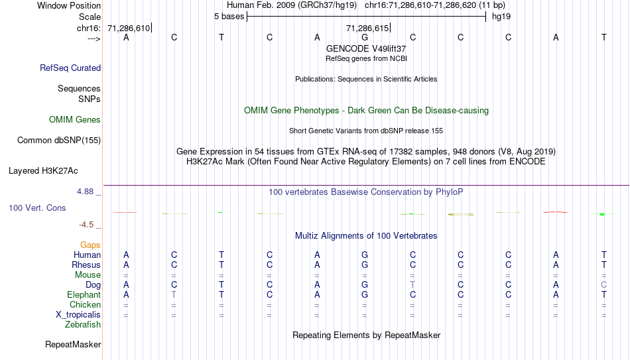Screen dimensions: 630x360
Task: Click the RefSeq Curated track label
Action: tap(70, 68)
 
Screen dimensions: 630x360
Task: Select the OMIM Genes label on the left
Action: tap(75, 120)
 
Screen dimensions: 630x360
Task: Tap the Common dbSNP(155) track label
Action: tap(59, 141)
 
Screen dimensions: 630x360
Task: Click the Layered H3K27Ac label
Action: tap(43, 171)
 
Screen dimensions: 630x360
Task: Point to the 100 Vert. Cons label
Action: tap(37, 208)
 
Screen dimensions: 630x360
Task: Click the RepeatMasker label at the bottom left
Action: tap(73, 344)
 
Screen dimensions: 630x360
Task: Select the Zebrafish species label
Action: tap(83, 324)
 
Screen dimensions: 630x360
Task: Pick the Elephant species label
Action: tap(84, 294)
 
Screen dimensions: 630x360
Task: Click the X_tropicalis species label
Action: tap(78, 315)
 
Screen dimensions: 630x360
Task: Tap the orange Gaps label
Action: tap(90, 245)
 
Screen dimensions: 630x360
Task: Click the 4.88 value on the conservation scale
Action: tap(85, 191)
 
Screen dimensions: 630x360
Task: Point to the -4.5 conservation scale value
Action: tap(86, 225)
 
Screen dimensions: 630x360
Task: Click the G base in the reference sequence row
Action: tap(365, 37)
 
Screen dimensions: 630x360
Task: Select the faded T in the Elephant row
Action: tap(174, 294)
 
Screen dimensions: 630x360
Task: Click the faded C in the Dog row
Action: tap(603, 284)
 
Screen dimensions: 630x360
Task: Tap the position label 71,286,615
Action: tap(367, 28)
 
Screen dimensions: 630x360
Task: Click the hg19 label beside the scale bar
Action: tap(501, 17)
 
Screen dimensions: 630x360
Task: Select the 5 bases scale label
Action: tap(229, 17)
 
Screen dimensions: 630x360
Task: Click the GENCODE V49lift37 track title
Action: tap(366, 48)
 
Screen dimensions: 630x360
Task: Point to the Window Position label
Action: tap(69, 5)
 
